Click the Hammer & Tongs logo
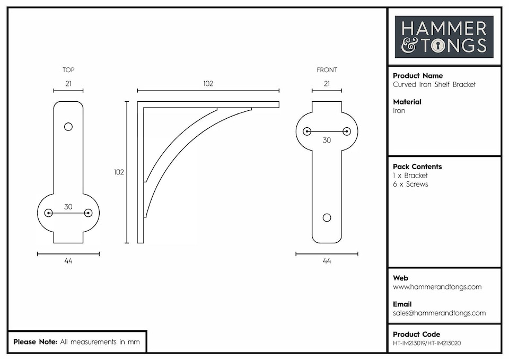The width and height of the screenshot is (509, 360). click(444, 37)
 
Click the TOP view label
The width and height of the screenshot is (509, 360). click(68, 70)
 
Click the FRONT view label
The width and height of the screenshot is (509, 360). click(327, 70)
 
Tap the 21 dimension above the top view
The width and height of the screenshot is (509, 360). click(68, 83)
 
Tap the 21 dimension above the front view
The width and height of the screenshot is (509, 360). click(327, 83)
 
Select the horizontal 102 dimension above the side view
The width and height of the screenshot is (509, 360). click(208, 83)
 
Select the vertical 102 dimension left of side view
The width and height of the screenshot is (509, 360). click(119, 172)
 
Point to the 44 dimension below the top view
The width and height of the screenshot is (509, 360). click(68, 261)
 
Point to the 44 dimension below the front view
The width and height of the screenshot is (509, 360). click(327, 261)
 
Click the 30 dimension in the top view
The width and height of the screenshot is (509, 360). click(68, 207)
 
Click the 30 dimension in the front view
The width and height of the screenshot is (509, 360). click(327, 140)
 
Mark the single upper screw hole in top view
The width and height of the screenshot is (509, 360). click(68, 127)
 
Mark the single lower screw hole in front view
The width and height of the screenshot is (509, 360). click(327, 218)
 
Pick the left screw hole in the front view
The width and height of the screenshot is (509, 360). click(307, 131)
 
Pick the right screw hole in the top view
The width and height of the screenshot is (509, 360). click(88, 213)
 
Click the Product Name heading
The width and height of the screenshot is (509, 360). click(418, 76)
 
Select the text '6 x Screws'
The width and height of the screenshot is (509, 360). click(410, 184)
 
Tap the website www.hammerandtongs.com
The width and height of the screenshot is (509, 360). click(437, 287)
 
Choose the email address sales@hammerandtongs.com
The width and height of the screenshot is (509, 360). click(439, 313)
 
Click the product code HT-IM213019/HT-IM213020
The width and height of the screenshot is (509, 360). click(427, 343)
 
